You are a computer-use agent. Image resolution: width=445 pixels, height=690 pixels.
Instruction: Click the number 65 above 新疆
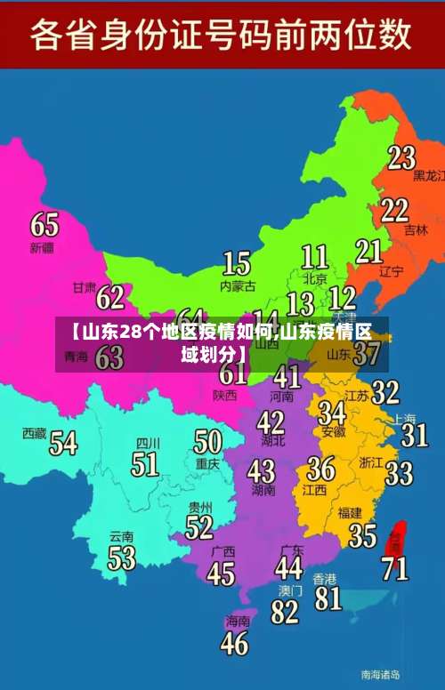(44, 224)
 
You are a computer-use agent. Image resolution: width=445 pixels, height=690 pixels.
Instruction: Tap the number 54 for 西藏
(63, 442)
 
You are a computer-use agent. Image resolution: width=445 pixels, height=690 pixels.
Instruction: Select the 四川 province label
(147, 443)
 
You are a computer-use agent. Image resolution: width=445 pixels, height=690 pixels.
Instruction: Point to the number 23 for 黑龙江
(401, 158)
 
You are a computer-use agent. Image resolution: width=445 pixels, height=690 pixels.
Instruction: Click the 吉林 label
(416, 229)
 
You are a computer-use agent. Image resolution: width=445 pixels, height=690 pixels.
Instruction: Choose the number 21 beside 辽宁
(368, 252)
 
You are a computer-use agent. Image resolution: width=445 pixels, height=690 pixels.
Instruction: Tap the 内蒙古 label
(238, 286)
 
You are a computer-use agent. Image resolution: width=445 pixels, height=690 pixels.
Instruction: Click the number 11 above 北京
(314, 257)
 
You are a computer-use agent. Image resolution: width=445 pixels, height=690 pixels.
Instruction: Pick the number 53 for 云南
(122, 558)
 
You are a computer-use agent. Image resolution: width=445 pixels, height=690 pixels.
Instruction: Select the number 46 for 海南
(234, 643)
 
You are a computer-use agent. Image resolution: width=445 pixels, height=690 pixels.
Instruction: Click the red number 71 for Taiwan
(395, 567)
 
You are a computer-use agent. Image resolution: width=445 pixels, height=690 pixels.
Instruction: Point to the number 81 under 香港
(328, 598)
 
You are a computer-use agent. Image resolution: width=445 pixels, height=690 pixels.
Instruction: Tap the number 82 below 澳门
(285, 612)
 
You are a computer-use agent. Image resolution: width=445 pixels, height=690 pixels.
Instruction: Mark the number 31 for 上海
(414, 435)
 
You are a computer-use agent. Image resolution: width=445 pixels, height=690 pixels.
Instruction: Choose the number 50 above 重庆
(207, 442)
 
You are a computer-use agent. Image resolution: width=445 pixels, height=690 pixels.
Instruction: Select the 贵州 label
(200, 507)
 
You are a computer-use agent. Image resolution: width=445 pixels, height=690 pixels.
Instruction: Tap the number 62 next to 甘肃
(110, 297)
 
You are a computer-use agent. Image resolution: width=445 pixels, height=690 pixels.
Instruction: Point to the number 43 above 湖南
(261, 470)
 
